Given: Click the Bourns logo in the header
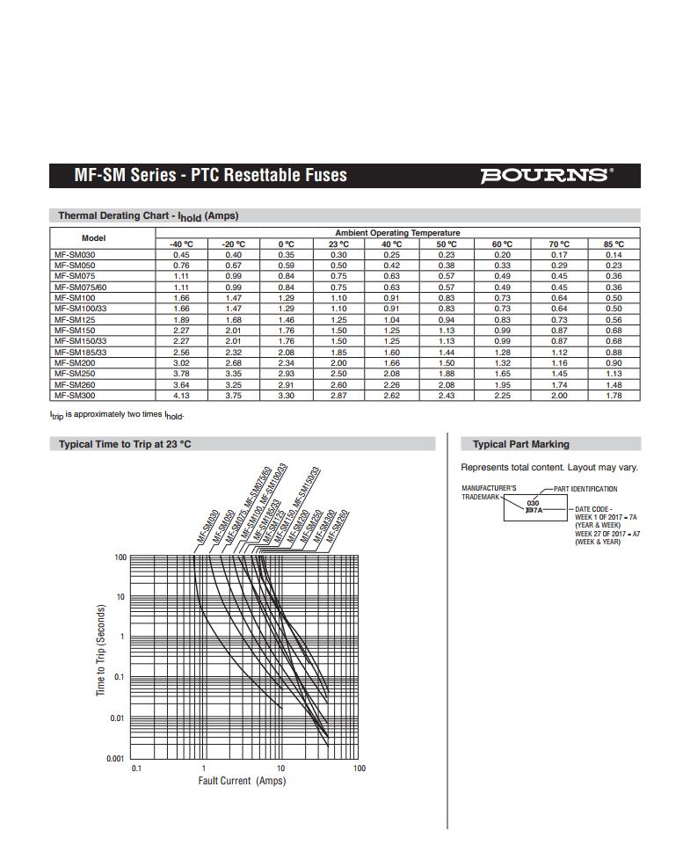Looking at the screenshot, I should (546, 175).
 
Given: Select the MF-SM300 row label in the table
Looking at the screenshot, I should (75, 395).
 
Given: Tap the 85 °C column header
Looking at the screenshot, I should (614, 244).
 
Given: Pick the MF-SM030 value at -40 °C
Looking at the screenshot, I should (181, 254).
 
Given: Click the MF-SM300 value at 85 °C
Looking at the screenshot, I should (614, 395).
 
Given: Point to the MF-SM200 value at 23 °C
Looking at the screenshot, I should (338, 362).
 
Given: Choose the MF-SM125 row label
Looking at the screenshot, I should (75, 319).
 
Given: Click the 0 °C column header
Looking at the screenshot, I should (287, 244).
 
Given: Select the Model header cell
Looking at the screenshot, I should (93, 238).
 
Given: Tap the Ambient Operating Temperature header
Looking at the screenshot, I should (397, 232).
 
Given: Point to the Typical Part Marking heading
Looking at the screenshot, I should (520, 444).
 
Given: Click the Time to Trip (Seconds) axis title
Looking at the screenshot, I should (100, 651).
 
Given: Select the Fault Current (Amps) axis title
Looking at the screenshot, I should (242, 781).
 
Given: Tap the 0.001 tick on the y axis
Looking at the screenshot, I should (115, 758).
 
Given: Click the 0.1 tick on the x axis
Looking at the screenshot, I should (136, 769).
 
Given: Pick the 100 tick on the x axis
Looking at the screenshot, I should (359, 769).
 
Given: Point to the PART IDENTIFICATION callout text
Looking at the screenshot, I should (585, 489).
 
